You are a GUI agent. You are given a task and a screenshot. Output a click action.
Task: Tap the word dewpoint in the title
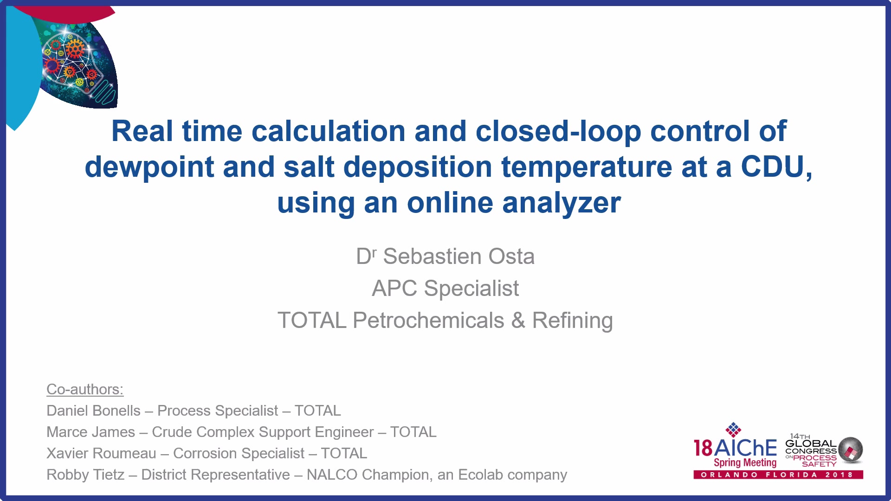click(x=149, y=167)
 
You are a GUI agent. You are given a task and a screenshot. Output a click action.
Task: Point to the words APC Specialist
click(x=445, y=289)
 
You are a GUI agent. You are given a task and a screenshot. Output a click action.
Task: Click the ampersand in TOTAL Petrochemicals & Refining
click(x=518, y=321)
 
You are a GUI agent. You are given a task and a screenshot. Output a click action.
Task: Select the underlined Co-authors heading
click(x=85, y=389)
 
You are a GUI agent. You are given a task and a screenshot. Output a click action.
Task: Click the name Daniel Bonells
click(x=93, y=411)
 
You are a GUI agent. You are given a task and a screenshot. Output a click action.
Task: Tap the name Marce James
click(x=90, y=432)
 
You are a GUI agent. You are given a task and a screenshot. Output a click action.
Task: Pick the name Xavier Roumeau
click(x=101, y=453)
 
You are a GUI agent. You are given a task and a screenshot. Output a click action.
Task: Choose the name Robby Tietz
click(x=85, y=475)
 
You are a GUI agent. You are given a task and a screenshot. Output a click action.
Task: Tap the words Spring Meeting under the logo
click(x=745, y=462)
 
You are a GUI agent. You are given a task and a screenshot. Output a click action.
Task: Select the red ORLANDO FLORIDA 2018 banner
click(x=778, y=475)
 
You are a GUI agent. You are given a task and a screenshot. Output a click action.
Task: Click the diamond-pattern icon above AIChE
click(x=733, y=430)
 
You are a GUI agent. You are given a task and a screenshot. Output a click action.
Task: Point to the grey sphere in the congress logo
click(x=851, y=450)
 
